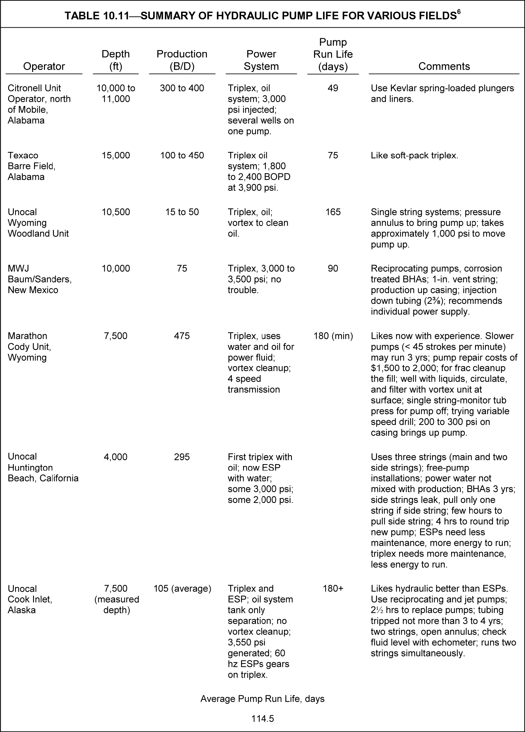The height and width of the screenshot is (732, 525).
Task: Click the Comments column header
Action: pyautogui.click(x=444, y=66)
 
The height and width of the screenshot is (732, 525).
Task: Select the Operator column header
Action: pyautogui.click(x=44, y=66)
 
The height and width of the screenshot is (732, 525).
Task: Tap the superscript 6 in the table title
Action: pyautogui.click(x=459, y=12)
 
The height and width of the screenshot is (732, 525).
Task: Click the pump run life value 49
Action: pyautogui.click(x=333, y=88)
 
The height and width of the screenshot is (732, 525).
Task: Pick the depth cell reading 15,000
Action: pyautogui.click(x=116, y=155)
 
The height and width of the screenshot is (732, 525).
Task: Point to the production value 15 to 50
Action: pyautogui.click(x=182, y=212)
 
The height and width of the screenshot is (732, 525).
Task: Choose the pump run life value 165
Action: pyautogui.click(x=333, y=212)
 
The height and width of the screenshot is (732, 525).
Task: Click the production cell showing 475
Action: pyautogui.click(x=182, y=336)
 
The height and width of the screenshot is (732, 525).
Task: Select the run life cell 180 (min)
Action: pyautogui.click(x=333, y=336)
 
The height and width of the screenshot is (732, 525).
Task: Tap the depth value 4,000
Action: pyautogui.click(x=116, y=457)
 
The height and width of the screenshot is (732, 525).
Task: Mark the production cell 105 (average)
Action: pyautogui.click(x=182, y=589)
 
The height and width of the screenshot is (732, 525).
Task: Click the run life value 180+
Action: pyautogui.click(x=333, y=589)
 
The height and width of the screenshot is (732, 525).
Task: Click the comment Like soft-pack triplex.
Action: pyautogui.click(x=414, y=155)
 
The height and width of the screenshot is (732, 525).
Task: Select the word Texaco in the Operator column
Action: pyautogui.click(x=23, y=155)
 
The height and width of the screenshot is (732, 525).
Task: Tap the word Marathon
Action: pyautogui.click(x=27, y=336)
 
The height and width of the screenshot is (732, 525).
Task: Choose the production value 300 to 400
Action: pyautogui.click(x=182, y=88)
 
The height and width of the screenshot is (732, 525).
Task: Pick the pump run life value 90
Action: pyautogui.click(x=333, y=269)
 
